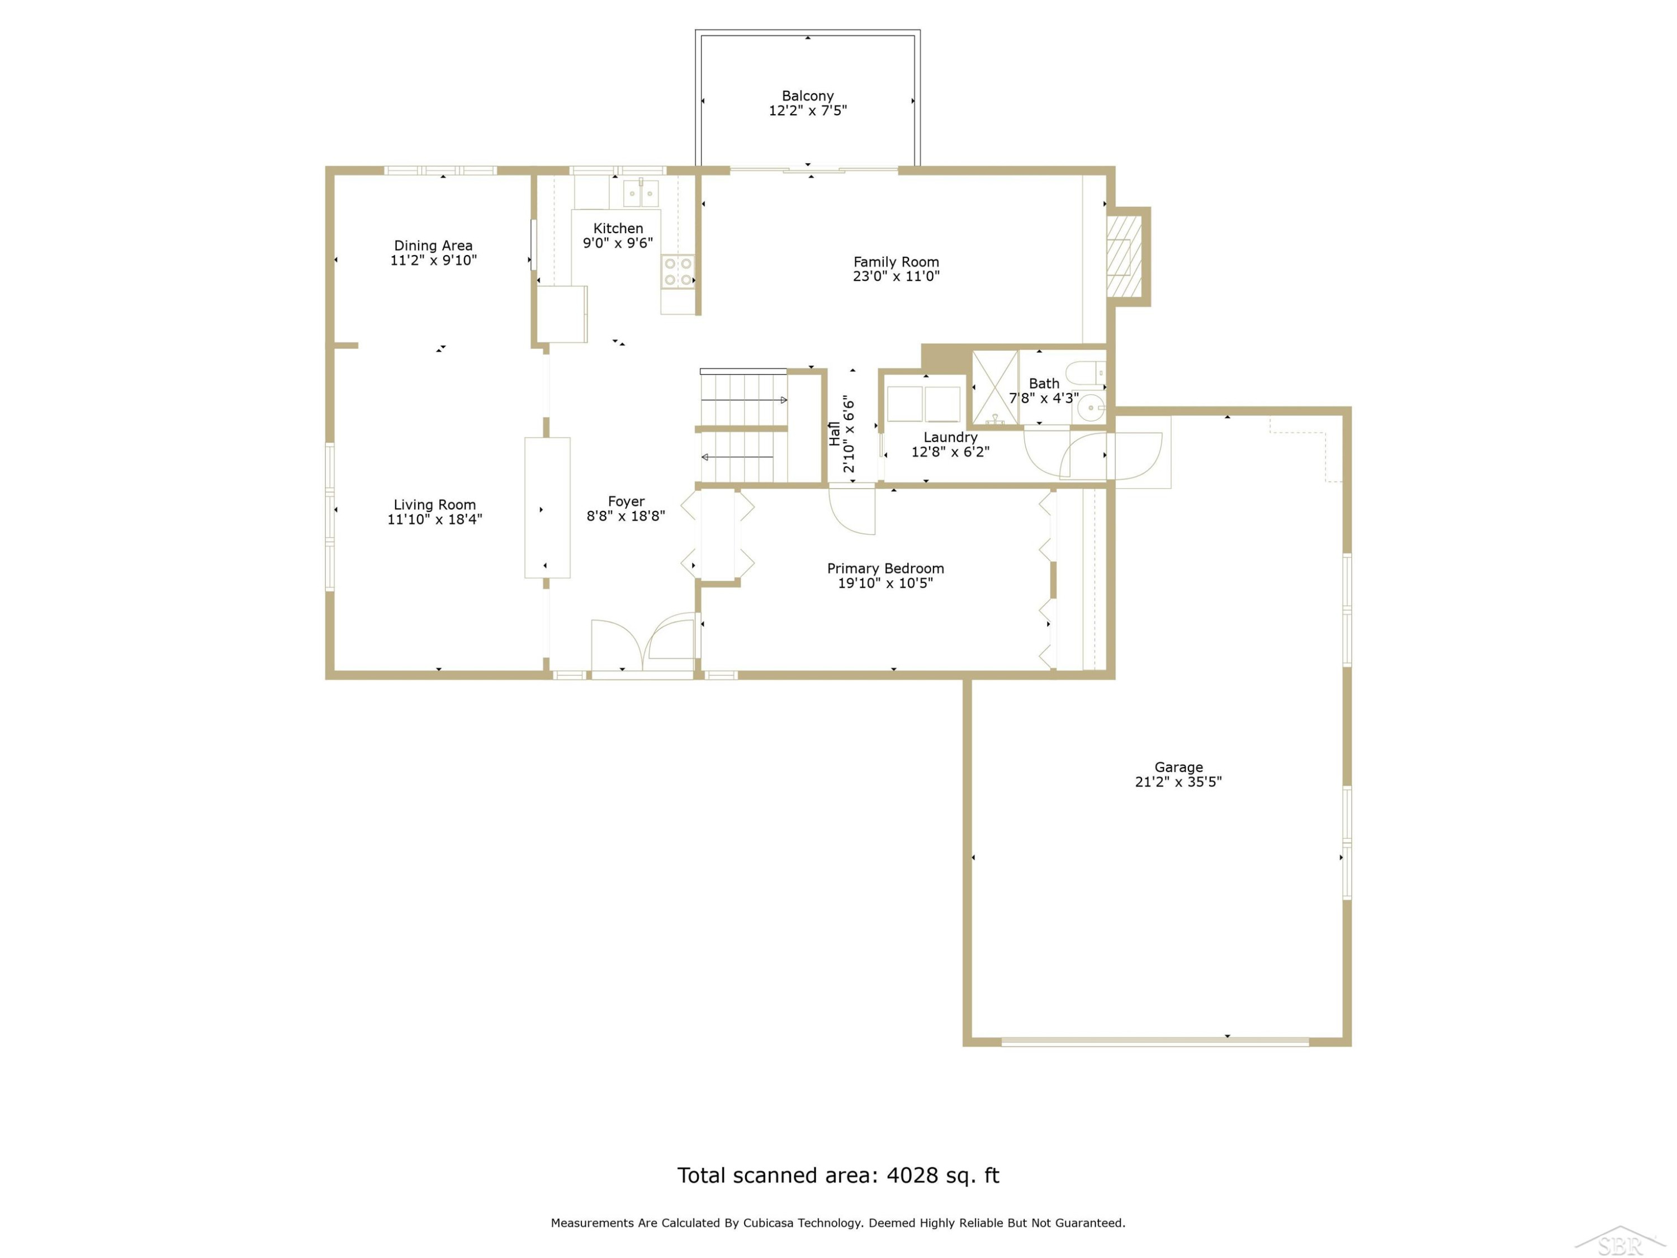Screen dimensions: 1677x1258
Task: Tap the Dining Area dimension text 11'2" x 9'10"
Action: (x=434, y=260)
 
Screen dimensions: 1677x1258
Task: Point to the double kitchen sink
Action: (x=641, y=193)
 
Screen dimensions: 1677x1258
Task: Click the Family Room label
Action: (x=896, y=262)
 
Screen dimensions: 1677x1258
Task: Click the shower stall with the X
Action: (x=996, y=387)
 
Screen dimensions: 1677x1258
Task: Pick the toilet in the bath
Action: (x=1086, y=373)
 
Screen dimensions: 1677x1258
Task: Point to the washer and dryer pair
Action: (x=924, y=404)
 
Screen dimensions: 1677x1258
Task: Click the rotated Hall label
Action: (x=835, y=434)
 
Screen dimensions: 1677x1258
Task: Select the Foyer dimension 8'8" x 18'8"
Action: (x=626, y=516)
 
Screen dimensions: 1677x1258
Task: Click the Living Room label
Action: (x=434, y=505)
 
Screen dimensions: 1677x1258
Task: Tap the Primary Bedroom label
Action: (x=885, y=569)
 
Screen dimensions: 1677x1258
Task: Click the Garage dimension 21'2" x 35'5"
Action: (x=1178, y=782)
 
